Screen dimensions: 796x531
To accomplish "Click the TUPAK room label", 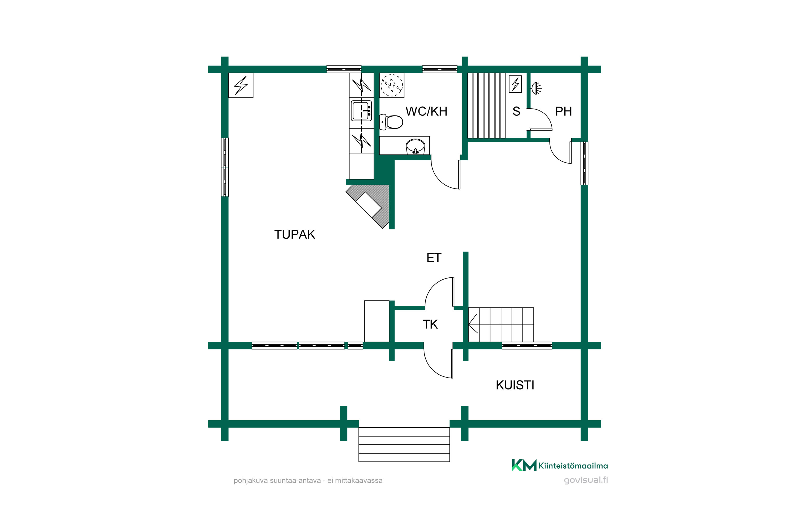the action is [x=295, y=234].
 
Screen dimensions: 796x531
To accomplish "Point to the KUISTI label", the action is [x=515, y=385].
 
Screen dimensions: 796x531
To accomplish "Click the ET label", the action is [x=434, y=258].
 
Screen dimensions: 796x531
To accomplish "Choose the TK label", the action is [x=430, y=324].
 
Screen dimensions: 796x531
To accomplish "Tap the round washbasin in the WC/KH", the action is [x=415, y=146].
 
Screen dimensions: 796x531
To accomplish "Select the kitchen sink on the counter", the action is [x=361, y=110].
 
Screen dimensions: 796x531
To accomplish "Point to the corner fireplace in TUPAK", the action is [x=367, y=207].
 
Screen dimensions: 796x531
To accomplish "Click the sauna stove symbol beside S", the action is [x=516, y=84].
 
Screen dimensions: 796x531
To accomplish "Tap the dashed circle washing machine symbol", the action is [x=392, y=85].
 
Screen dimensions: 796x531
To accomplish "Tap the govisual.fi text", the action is [x=586, y=480].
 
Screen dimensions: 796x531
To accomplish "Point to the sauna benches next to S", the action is [x=486, y=105].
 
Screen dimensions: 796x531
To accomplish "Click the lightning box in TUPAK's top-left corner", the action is [x=241, y=85].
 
